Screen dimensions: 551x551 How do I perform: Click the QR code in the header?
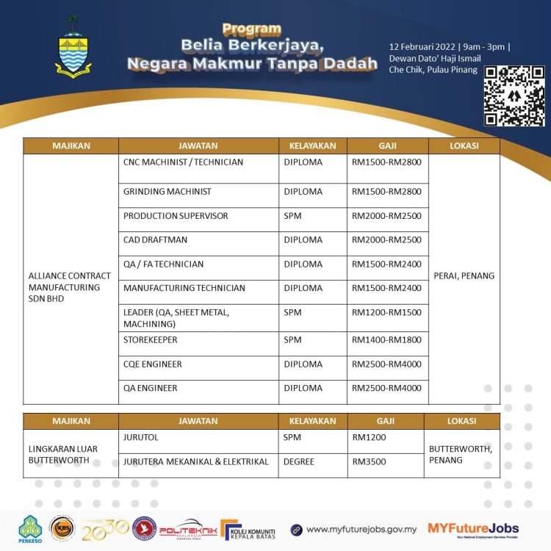[x=514, y=96]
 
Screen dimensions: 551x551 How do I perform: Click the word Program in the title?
[x=251, y=29]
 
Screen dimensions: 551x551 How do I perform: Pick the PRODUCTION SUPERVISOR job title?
[x=176, y=216]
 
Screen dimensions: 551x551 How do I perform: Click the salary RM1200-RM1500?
[x=386, y=313]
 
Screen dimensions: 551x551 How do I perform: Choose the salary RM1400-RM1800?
[x=386, y=340]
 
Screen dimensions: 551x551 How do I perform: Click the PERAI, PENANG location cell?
[x=464, y=276]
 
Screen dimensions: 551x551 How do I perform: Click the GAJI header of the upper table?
[x=387, y=145]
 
